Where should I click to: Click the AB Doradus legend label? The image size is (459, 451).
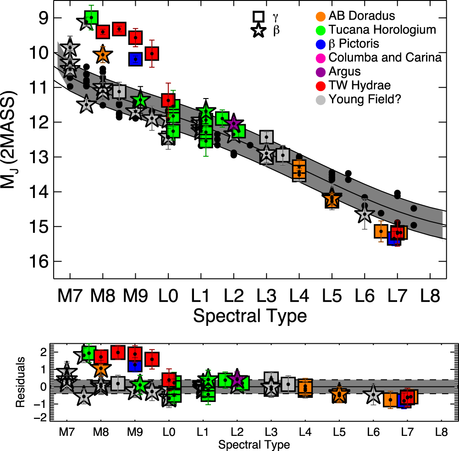362,16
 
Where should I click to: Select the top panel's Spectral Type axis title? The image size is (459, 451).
250,316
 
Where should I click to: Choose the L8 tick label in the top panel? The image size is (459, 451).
430,297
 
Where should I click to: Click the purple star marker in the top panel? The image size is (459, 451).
233,123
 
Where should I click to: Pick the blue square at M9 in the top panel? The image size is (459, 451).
136,59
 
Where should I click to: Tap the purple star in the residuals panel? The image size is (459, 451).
236,378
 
